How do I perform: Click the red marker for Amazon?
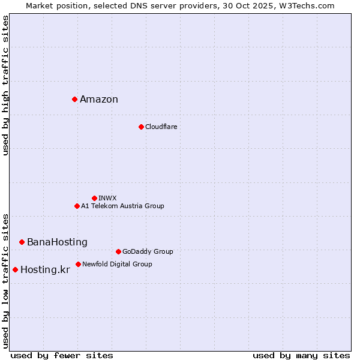(74, 99)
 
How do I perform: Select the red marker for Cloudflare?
(141, 127)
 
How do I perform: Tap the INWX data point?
(94, 198)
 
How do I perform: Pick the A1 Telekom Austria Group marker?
(77, 206)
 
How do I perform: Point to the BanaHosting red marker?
(22, 242)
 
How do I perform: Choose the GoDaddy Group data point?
(118, 251)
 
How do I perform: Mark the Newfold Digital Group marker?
(78, 264)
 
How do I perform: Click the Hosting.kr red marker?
(15, 269)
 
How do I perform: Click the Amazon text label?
(99, 100)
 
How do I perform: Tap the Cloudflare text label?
(161, 127)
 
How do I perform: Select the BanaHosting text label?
(57, 242)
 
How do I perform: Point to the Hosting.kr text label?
(45, 270)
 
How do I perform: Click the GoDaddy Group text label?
(148, 252)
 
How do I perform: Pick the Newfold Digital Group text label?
(117, 265)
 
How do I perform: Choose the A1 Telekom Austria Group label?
(122, 206)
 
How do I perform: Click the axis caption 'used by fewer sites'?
(62, 355)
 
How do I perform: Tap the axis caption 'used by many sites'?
(301, 355)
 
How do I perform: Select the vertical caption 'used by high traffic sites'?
(6, 85)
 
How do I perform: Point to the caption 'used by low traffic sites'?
(6, 280)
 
